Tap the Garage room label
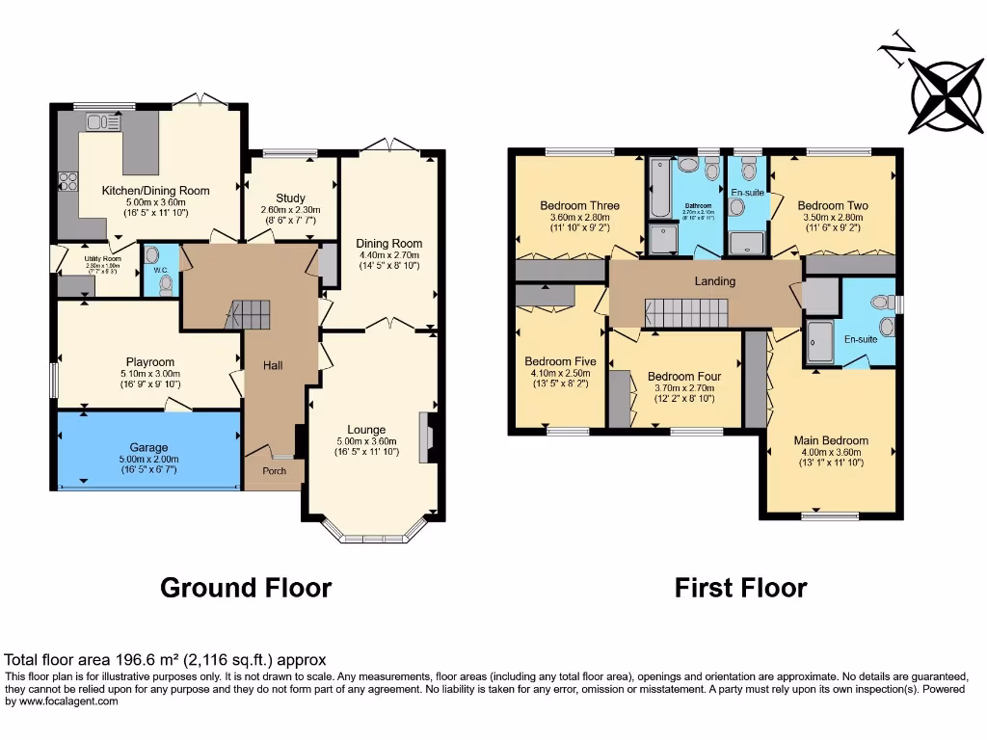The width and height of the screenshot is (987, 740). tap(149, 448)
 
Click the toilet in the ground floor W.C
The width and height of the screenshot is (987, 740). tap(166, 283)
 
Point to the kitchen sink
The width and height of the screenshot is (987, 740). tap(101, 121)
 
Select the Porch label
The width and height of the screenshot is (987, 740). tap(275, 471)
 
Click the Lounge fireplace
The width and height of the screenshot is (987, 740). tap(430, 436)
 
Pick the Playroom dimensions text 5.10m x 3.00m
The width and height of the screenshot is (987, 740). tap(149, 373)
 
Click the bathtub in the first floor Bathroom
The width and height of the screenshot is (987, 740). tap(660, 189)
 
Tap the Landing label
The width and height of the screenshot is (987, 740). tap(715, 281)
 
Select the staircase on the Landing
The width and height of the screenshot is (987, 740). tap(685, 312)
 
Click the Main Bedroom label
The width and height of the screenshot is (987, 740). tap(831, 440)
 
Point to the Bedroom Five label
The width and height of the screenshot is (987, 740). tap(560, 361)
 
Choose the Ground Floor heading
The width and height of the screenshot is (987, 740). tap(246, 588)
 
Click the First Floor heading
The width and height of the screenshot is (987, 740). tap(740, 588)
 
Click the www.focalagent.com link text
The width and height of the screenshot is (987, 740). tap(67, 701)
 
